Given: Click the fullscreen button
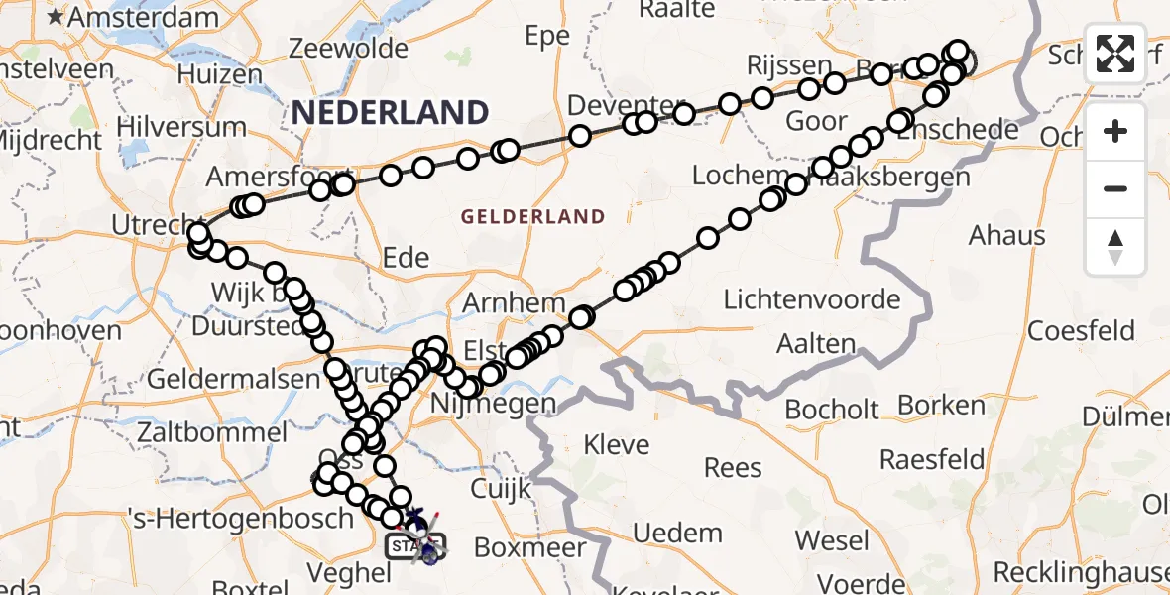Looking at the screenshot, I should pos(1115,54).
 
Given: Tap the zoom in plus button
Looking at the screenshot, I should pos(1115,131).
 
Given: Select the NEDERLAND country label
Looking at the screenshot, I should pos(390,112).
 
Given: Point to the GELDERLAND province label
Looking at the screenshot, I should pos(532,216).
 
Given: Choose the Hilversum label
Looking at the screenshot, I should pos(181,128).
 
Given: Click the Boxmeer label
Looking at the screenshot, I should pos(530,547).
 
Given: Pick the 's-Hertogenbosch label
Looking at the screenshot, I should pos(240,518).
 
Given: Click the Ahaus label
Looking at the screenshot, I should pos(1006,235).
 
